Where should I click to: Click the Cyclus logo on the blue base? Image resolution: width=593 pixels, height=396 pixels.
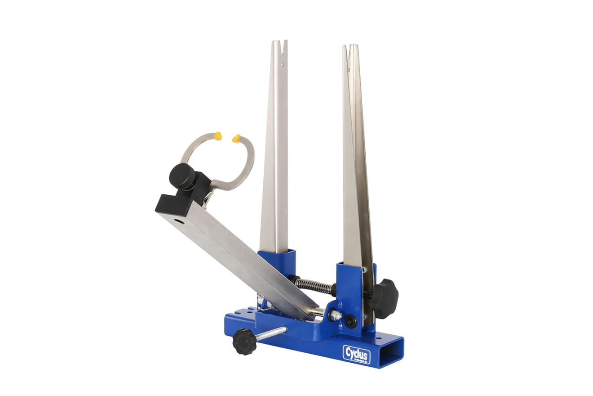[x=356, y=354]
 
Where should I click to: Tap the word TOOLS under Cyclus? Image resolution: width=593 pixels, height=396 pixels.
[x=361, y=361]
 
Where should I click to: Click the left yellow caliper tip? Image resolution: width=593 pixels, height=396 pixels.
[x=218, y=136]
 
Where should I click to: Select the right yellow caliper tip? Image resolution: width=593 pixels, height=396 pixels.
[x=236, y=139]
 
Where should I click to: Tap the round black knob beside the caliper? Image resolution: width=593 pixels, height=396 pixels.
[x=182, y=176]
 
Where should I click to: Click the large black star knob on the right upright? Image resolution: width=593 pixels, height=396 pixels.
[x=384, y=299]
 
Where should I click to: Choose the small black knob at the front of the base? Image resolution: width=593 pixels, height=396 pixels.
[x=244, y=342]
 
